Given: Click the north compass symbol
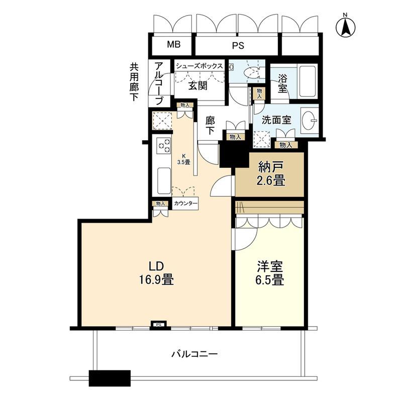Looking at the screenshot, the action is pos(345,26).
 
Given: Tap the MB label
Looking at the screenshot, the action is pos(174,44).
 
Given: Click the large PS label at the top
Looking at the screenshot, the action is pos(238,46).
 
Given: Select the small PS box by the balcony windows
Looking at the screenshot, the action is pos(159,325).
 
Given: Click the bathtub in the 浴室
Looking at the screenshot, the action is pos(308,82).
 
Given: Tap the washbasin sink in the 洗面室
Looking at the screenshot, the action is pos(310,120).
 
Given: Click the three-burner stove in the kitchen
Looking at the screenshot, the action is pos(164,145).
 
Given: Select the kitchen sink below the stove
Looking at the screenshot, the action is pos(164,181).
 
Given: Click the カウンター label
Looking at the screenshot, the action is pos(185,204).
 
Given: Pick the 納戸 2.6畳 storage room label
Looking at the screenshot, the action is pos(271,174).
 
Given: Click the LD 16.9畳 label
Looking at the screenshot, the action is pos(156,273).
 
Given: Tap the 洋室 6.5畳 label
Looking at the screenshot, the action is pos(270,273).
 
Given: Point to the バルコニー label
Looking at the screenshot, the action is pos(194,355).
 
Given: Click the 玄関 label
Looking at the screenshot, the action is pos(197,86).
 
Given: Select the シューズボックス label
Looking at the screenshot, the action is pos(199,66).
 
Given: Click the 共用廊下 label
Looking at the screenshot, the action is pos(134,82).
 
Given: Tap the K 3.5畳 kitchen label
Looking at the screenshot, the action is pos(183,159).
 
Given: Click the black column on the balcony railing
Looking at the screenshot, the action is pos(110,378).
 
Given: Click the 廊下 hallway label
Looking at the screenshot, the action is pos(210,126).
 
